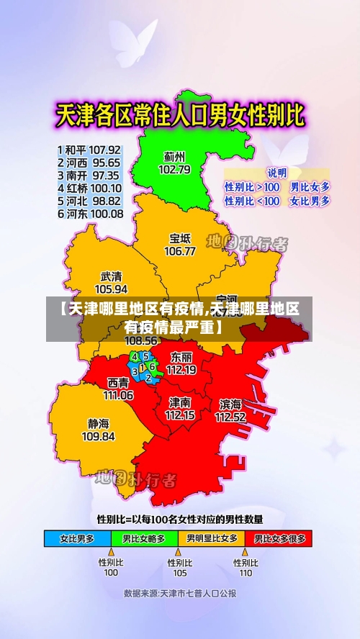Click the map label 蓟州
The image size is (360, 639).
pos(174,156)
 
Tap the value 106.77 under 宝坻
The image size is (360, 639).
pos(180,251)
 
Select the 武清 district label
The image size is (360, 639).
pos(111,276)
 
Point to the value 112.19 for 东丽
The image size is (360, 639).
pos(181,369)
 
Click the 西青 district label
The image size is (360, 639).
pos(118,383)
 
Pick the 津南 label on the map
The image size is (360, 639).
pos(180,402)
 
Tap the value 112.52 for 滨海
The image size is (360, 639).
pos(230,416)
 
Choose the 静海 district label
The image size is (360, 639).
pos(99,424)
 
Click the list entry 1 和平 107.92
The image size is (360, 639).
pos(90,150)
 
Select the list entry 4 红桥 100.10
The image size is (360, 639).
pos(90,188)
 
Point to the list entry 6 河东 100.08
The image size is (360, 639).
pos(90,214)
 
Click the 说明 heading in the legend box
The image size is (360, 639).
pos(276,173)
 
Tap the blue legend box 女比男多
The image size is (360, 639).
pos(78,538)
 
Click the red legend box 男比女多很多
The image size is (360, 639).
pos(278,538)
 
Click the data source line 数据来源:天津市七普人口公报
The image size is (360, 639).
pos(179,594)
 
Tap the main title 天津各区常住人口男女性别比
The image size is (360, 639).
pos(180,114)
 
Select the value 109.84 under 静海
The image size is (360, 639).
pos(99,436)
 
